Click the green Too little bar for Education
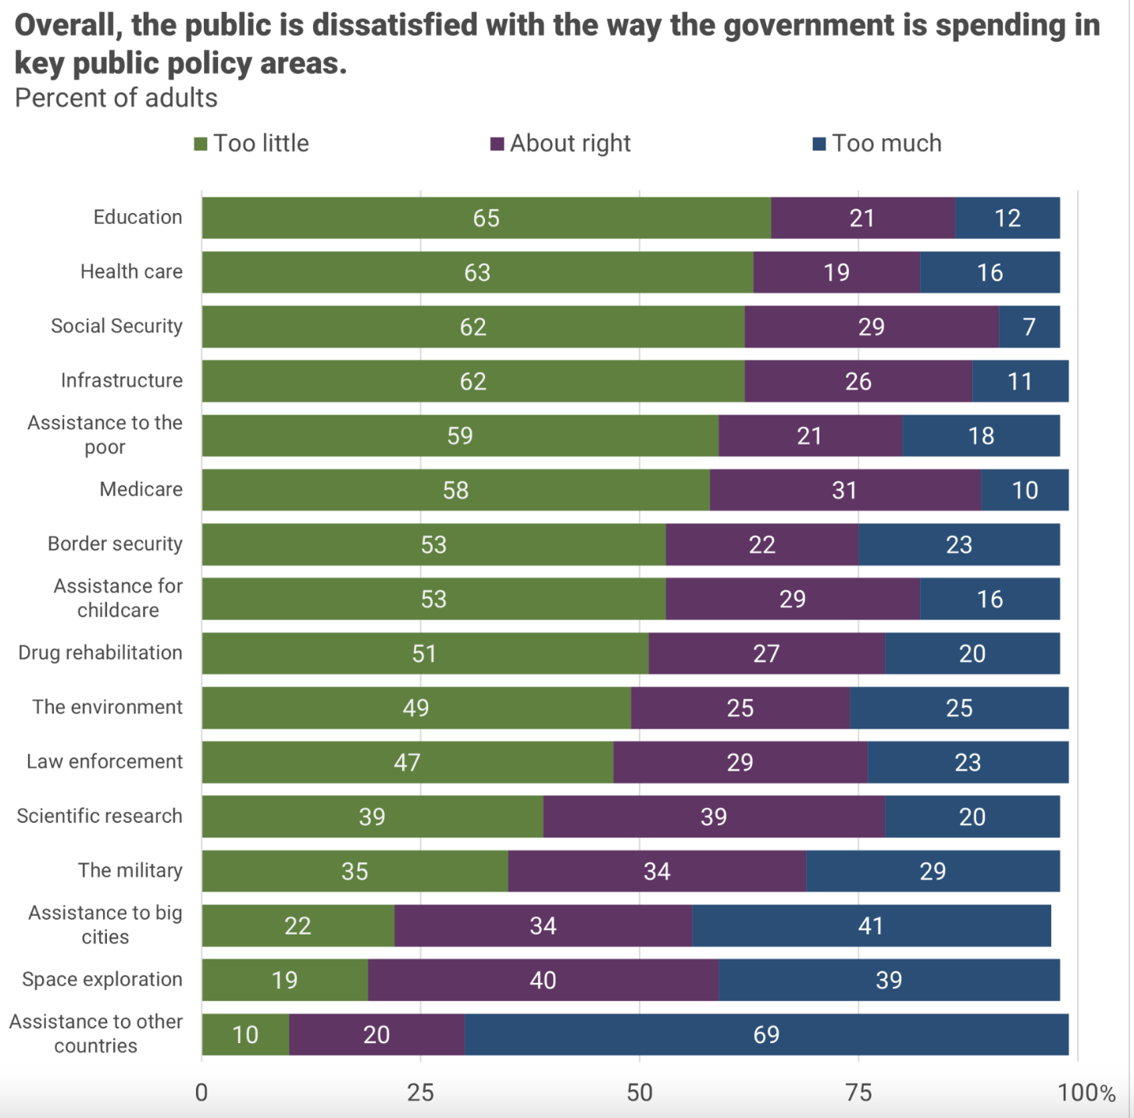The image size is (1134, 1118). [486, 218]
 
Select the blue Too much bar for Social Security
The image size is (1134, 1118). [1029, 326]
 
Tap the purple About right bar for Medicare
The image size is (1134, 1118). [844, 490]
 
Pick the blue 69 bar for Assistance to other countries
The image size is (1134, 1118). [766, 1034]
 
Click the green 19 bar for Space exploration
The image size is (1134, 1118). [284, 980]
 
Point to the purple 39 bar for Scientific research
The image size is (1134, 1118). [714, 817]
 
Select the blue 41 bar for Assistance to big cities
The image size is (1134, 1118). [871, 926]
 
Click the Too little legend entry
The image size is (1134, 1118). [252, 144]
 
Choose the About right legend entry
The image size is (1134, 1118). [561, 144]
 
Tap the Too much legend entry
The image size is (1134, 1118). [877, 144]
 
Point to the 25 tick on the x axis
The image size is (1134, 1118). [420, 1092]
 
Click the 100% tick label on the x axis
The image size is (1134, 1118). [1086, 1092]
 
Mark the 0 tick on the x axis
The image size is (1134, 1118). [201, 1092]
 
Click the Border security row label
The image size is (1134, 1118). [115, 543]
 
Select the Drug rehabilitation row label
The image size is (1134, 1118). [100, 653]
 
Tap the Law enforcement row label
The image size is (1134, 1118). [105, 761]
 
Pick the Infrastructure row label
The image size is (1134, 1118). [122, 380]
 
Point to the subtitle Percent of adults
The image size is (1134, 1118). [116, 98]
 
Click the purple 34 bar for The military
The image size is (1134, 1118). [657, 871]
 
